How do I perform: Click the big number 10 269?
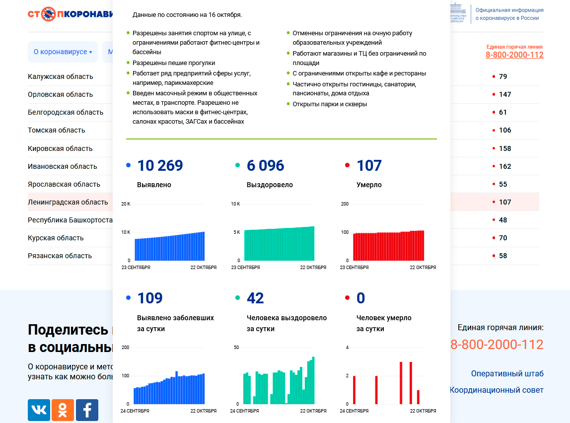(x=160, y=165)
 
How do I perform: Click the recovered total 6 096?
(x=265, y=165)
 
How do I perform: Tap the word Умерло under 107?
(x=369, y=185)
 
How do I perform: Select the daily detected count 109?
(x=150, y=298)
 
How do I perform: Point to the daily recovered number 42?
(x=255, y=298)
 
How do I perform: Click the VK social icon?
(x=39, y=410)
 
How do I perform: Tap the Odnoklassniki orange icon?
(x=63, y=410)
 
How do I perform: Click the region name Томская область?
(x=56, y=130)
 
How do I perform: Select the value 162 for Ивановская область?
(x=505, y=166)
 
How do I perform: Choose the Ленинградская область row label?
(x=68, y=202)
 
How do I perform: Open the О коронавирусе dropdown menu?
(x=63, y=52)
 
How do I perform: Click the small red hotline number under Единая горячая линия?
(x=514, y=55)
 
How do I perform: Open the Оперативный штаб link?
(x=507, y=373)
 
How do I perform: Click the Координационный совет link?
(x=497, y=390)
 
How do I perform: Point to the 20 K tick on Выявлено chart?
(x=126, y=204)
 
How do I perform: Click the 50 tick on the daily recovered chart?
(x=236, y=347)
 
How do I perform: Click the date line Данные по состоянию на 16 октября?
(x=187, y=14)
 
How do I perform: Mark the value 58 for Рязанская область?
(x=503, y=256)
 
